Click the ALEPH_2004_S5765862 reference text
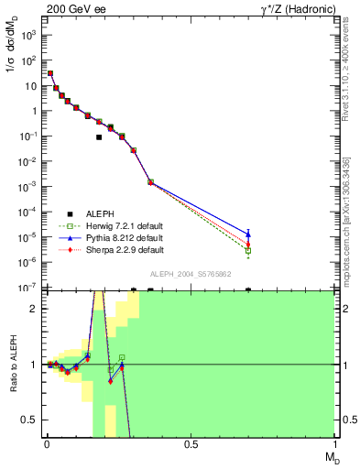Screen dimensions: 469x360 (x=190, y=274)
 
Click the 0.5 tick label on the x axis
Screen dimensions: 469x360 (x=191, y=445)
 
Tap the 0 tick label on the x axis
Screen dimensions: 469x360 (x=46, y=445)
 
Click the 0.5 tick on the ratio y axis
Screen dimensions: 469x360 (x=29, y=420)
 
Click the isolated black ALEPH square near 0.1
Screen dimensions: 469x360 (x=99, y=137)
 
